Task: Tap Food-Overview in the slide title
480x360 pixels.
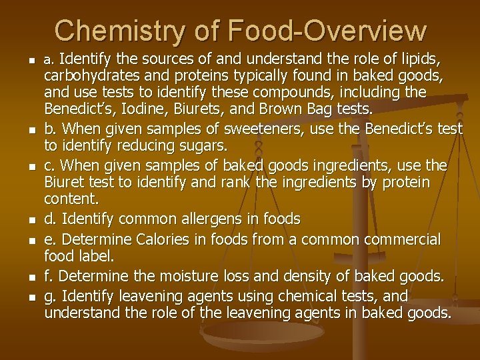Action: click(x=327, y=31)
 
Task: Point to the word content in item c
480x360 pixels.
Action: click(x=67, y=199)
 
